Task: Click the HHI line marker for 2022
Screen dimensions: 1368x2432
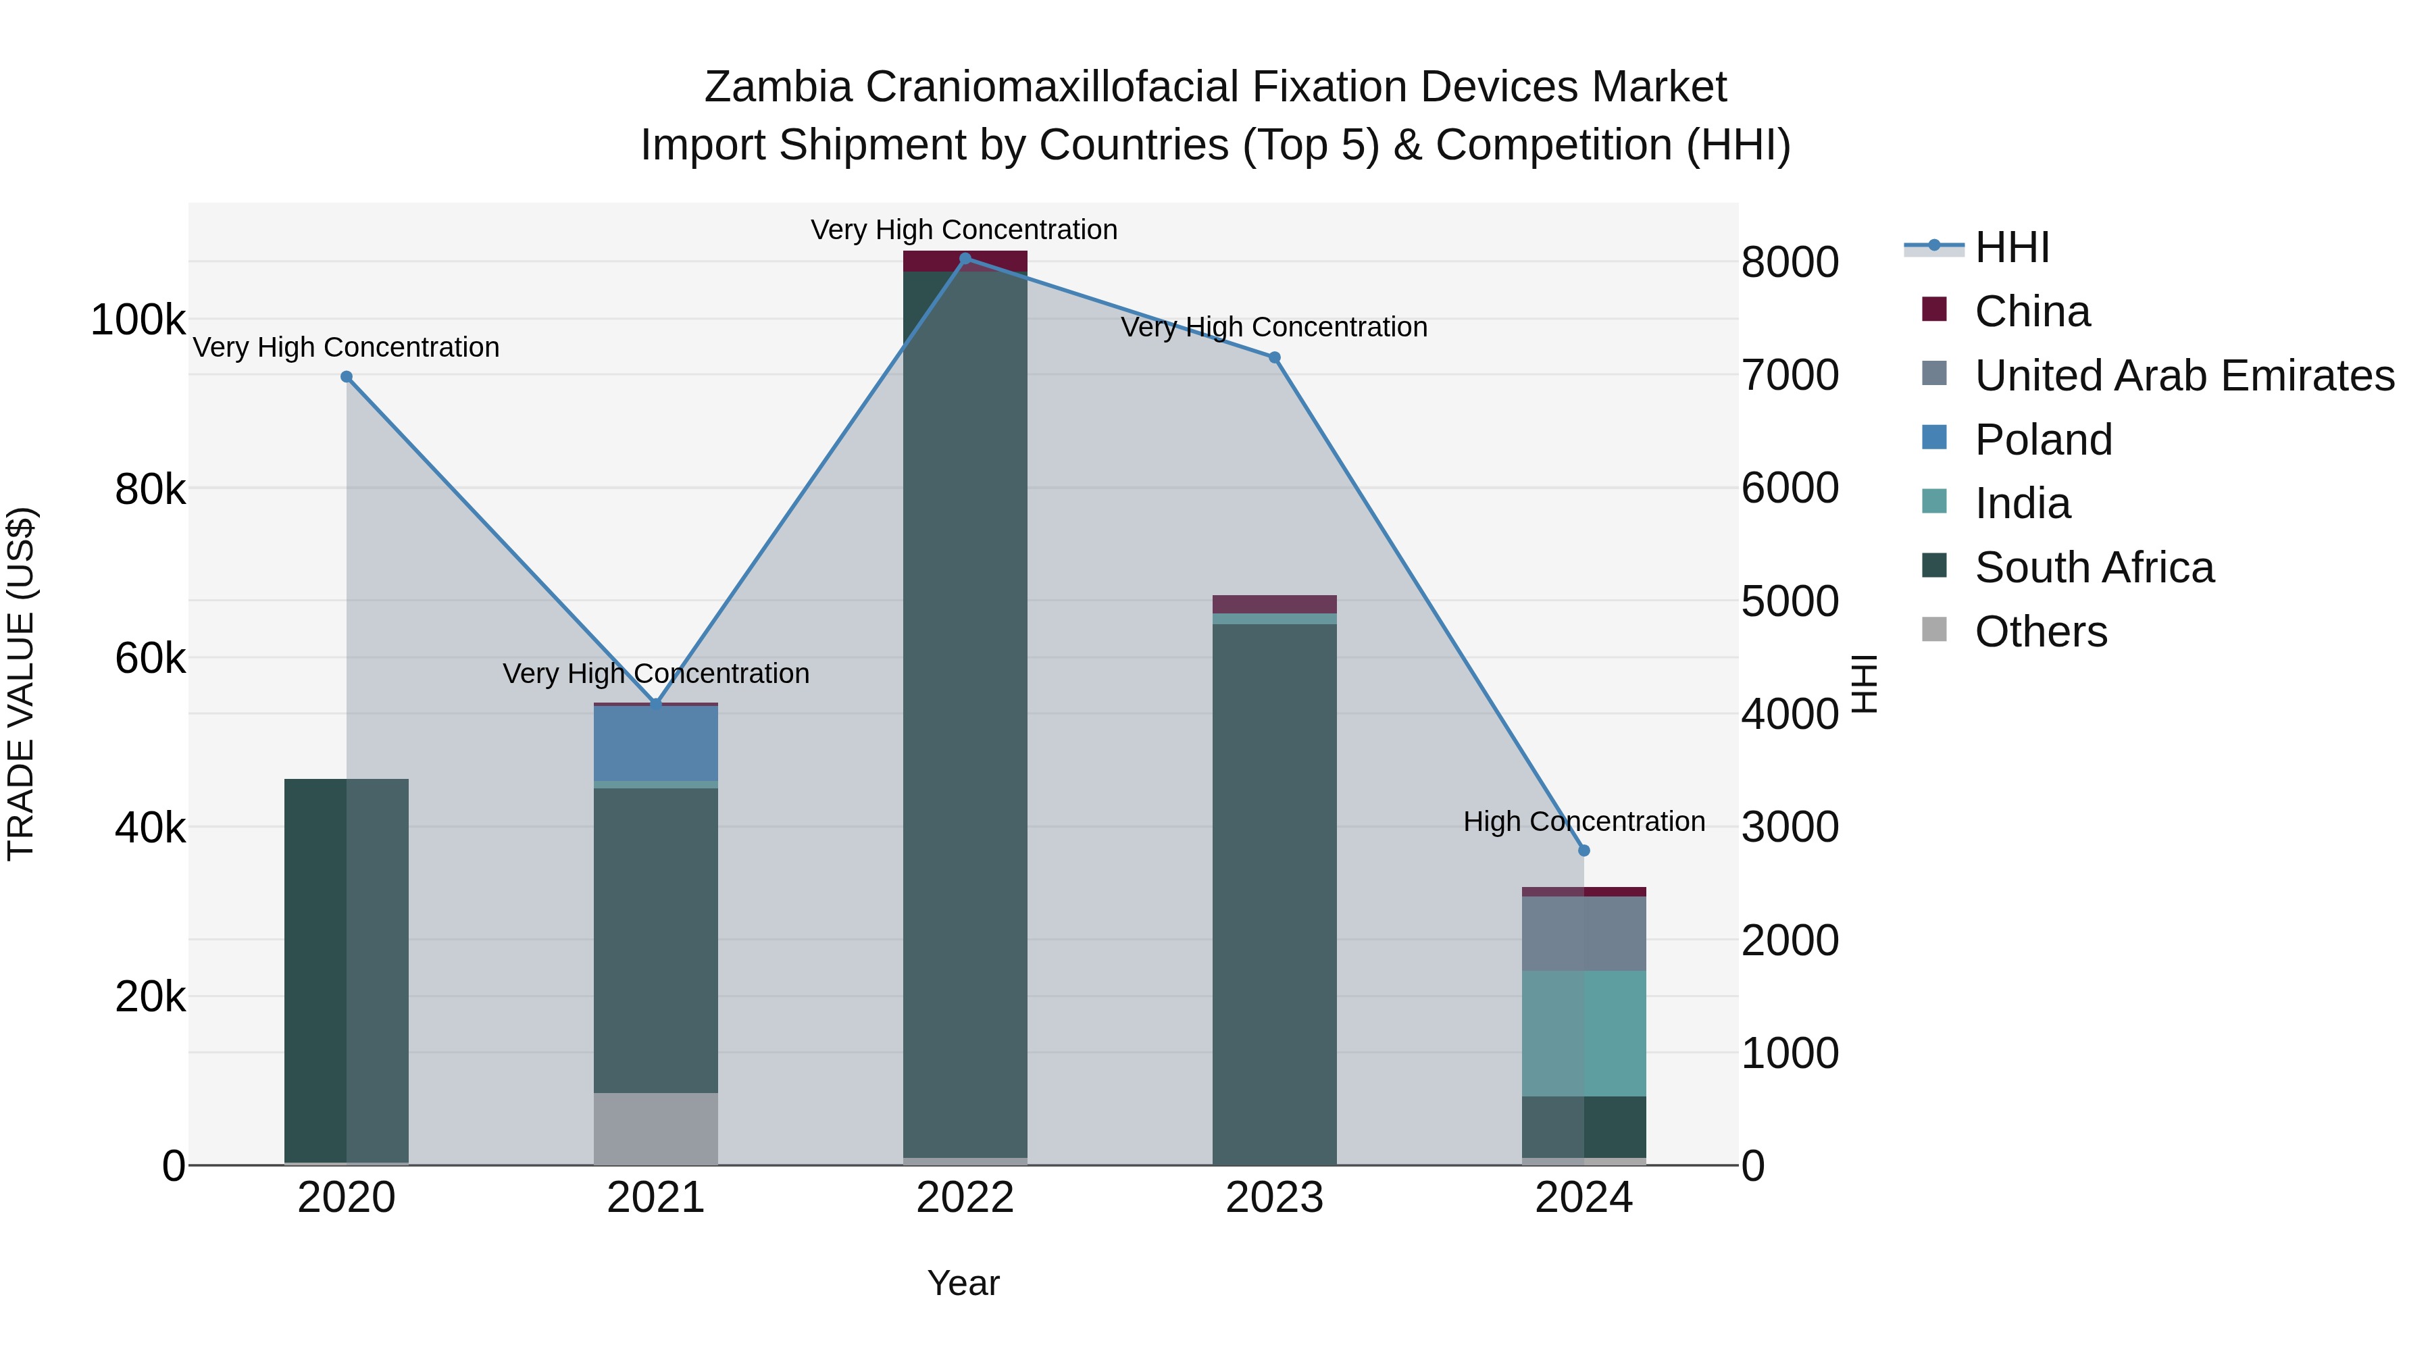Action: (965, 258)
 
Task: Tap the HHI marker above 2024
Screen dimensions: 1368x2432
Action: (1584, 851)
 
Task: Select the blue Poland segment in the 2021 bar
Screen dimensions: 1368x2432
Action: (655, 744)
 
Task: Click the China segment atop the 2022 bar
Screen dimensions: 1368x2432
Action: (965, 261)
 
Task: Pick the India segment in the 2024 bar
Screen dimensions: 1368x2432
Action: (1584, 1033)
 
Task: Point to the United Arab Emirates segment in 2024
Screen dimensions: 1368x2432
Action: (1584, 934)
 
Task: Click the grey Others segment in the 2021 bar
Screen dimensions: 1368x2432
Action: (655, 1128)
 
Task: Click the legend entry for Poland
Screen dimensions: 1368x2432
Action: (2042, 439)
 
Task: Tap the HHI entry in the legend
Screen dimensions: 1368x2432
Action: (2011, 247)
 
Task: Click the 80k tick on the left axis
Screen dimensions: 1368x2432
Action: (150, 489)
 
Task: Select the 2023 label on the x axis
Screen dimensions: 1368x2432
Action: (1275, 1198)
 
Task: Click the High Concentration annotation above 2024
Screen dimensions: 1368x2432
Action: (1584, 821)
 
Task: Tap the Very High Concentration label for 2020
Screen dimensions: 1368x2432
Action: (345, 347)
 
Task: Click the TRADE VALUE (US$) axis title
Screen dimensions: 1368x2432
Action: (21, 684)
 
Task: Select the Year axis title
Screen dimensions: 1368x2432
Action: (963, 1283)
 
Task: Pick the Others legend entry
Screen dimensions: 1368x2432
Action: (2040, 632)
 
